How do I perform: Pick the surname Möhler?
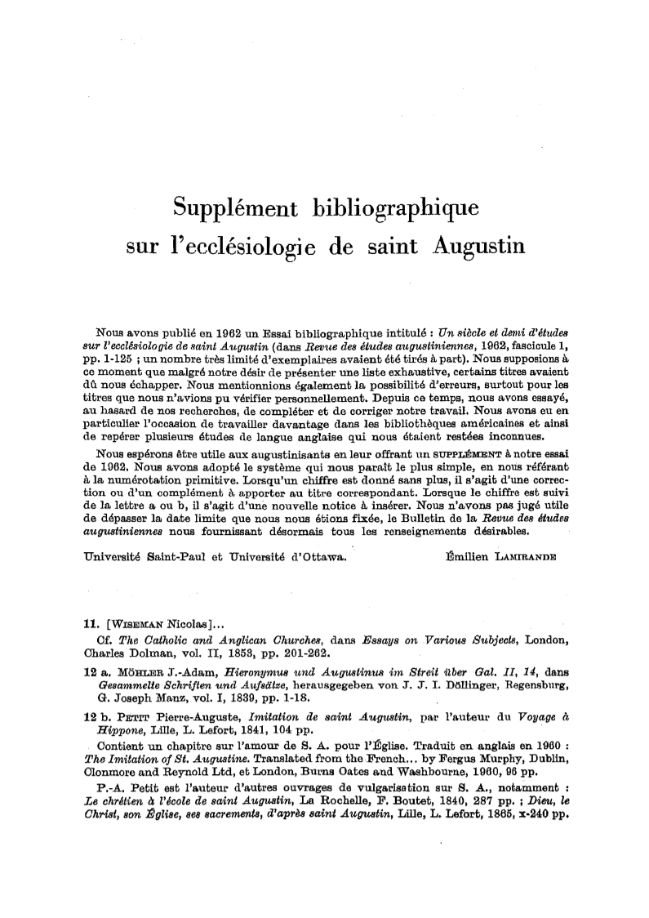(140, 666)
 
